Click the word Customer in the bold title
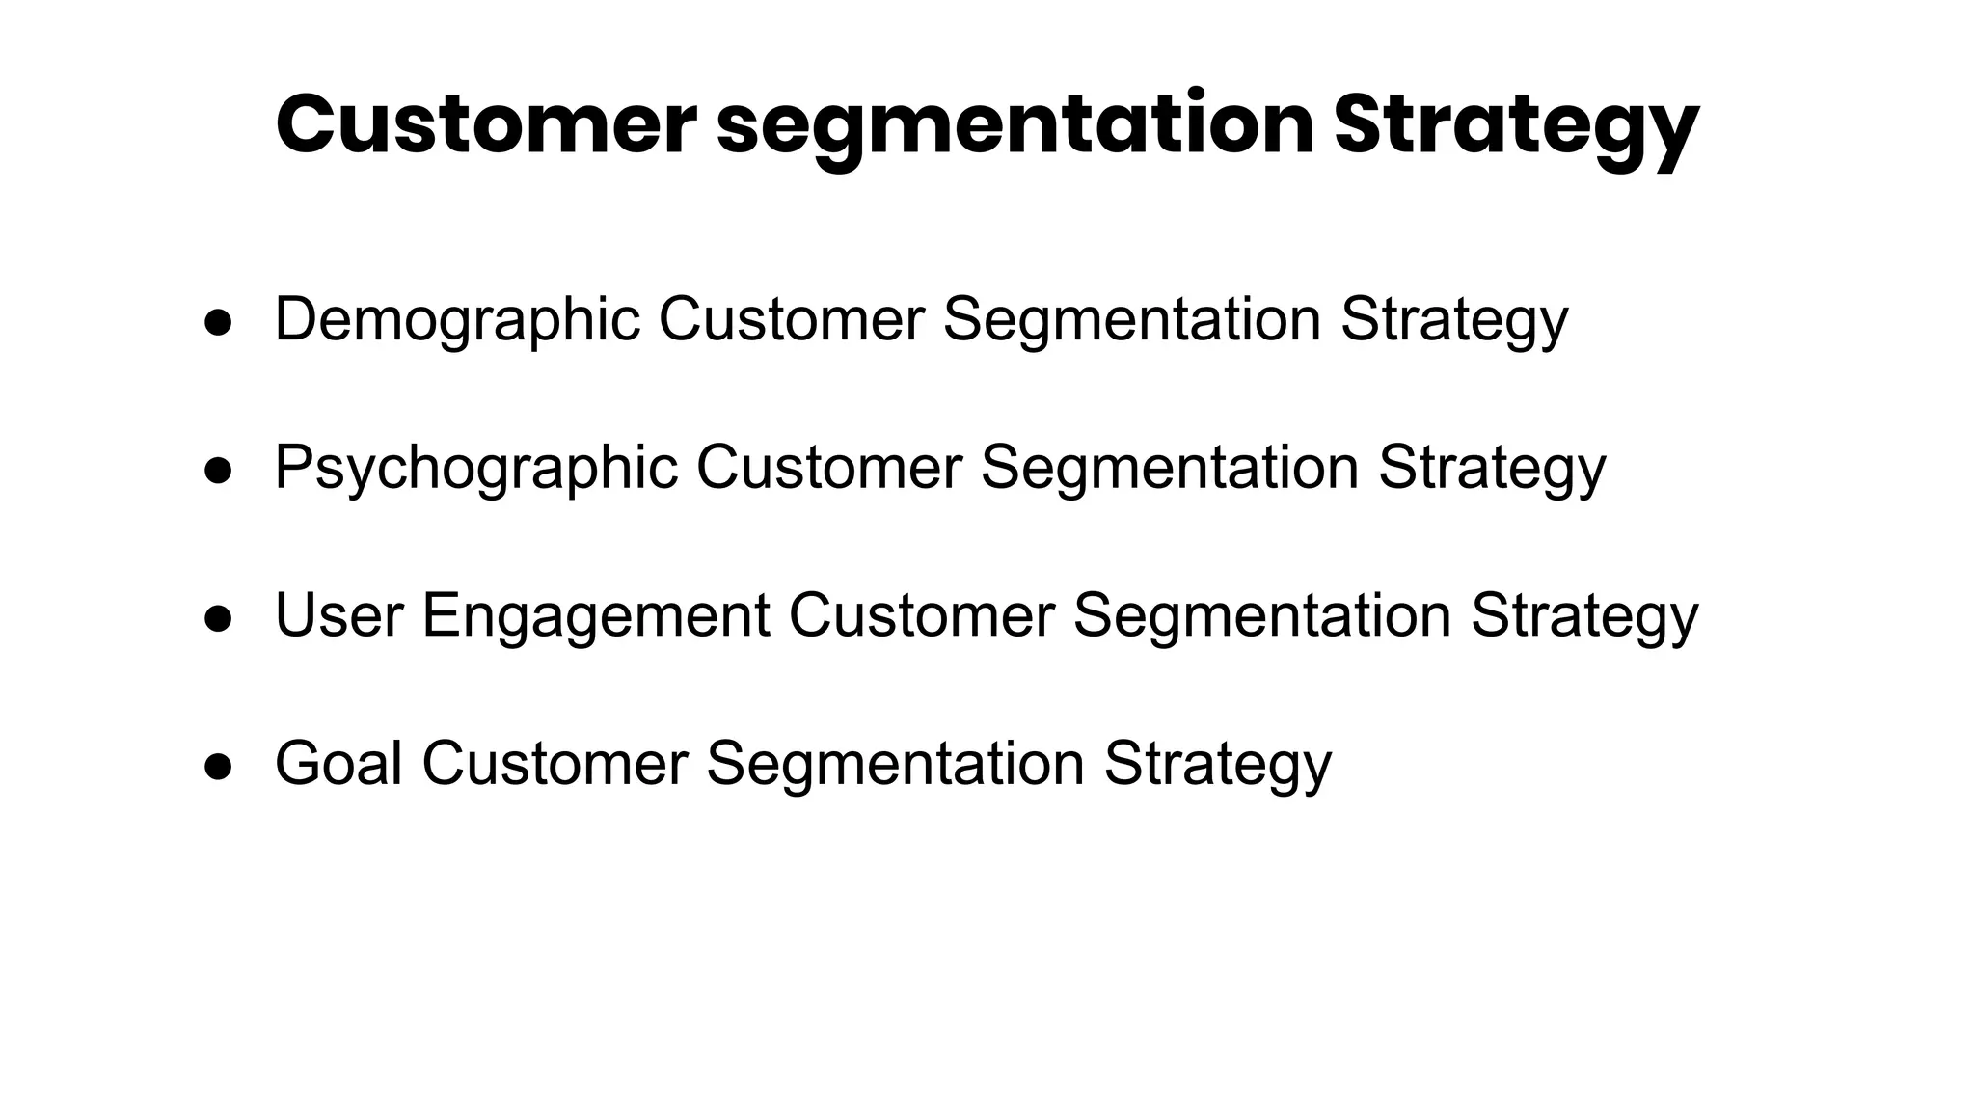click(485, 125)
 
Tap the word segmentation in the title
click(1015, 125)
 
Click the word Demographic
click(457, 319)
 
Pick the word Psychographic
click(476, 468)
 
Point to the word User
click(338, 615)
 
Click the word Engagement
click(596, 615)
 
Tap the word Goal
click(338, 764)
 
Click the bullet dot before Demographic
click(219, 323)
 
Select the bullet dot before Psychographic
click(219, 471)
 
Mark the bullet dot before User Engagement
click(219, 619)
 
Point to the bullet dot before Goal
click(219, 767)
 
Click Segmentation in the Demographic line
click(1131, 319)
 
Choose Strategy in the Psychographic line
click(1492, 468)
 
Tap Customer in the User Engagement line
click(921, 615)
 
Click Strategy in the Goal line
click(1217, 764)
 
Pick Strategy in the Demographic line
click(1454, 319)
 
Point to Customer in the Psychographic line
click(828, 468)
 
